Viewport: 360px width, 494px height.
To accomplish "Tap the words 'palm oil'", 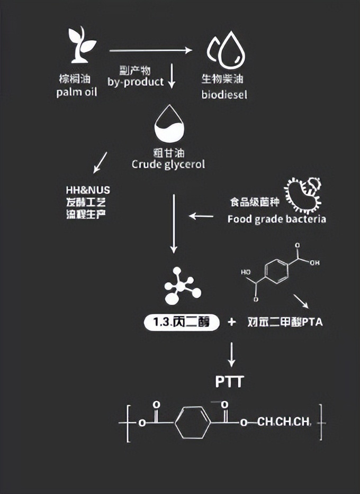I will [x=77, y=93].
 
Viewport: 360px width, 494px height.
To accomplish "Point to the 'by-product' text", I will [x=136, y=83].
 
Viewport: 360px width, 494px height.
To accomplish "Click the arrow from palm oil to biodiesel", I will [x=150, y=51].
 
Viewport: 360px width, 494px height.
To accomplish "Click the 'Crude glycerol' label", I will [x=168, y=164].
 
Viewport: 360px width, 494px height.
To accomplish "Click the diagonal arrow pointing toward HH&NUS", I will [x=101, y=162].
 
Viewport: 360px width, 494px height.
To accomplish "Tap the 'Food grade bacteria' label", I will [x=276, y=219].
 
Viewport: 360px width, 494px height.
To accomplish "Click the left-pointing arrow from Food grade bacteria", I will [x=201, y=216].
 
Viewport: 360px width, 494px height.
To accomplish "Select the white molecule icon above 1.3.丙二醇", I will [x=182, y=286].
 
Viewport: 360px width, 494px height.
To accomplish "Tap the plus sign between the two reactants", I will [x=231, y=322].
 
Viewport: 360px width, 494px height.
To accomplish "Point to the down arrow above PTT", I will [x=231, y=354].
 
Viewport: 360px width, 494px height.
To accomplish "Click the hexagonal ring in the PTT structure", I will [x=192, y=422].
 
